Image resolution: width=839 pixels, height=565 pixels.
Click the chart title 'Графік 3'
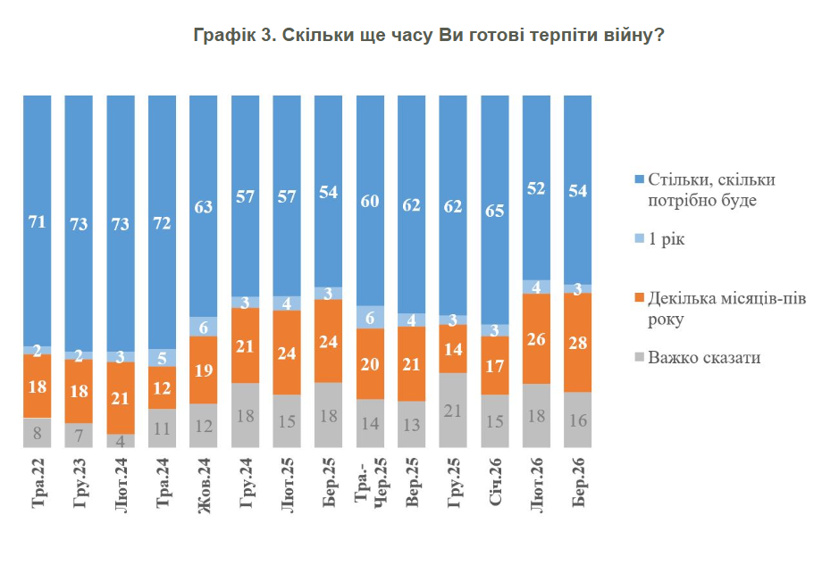[x=427, y=37]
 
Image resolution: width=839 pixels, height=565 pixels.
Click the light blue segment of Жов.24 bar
[x=204, y=327]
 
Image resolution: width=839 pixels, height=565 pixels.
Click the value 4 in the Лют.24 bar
[x=120, y=441]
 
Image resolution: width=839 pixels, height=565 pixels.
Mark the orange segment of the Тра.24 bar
[x=162, y=388]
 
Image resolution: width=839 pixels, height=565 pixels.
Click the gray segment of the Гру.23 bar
[x=79, y=436]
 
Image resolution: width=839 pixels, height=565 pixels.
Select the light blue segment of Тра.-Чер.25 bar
[x=370, y=317]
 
